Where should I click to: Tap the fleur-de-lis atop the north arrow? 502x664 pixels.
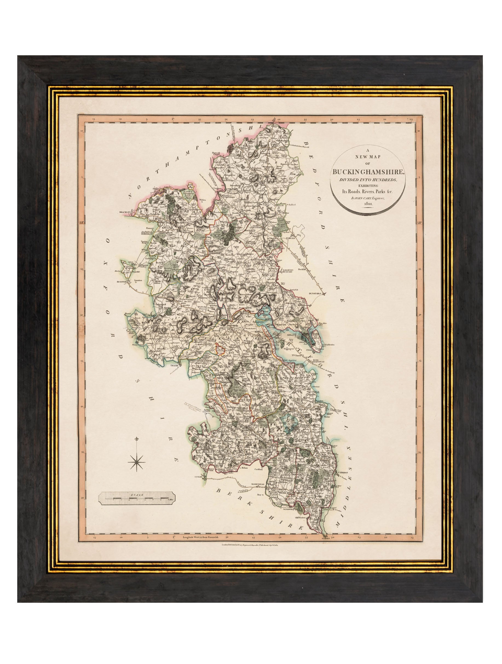tap(137, 439)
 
